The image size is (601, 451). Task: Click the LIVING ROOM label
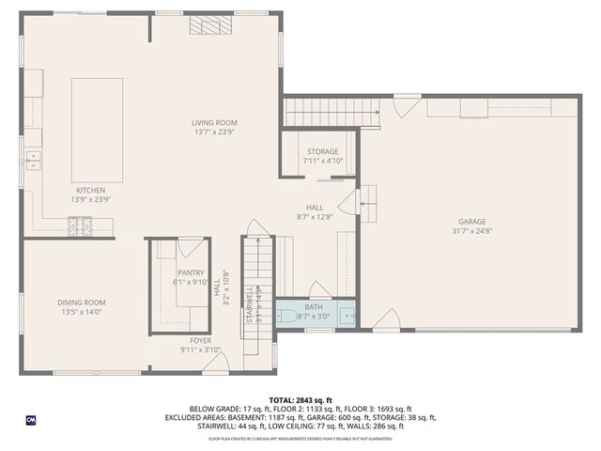[x=214, y=122]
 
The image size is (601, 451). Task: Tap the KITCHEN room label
[x=91, y=189]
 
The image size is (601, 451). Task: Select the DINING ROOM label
[x=81, y=302]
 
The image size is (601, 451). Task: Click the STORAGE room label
[x=322, y=151]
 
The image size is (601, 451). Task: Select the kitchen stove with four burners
[x=80, y=225]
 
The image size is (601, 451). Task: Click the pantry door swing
[x=193, y=248]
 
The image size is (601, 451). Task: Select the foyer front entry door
[x=215, y=365]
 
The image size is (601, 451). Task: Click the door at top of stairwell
[x=256, y=228]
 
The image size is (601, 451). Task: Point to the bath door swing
[x=320, y=290]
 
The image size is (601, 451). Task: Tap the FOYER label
[x=201, y=340]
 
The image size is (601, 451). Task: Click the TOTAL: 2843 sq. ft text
[x=300, y=399]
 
